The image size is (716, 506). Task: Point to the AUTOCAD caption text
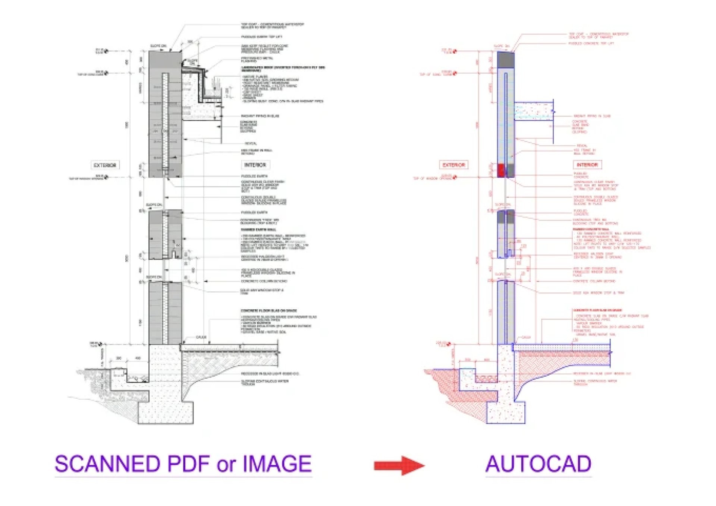point(538,464)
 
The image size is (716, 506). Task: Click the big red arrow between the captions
point(399,465)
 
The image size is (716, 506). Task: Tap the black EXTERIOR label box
point(105,165)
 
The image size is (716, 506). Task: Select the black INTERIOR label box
point(255,165)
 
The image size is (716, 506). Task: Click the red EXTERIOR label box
point(453,165)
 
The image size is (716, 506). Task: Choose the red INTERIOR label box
point(587,165)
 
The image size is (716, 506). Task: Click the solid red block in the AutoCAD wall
point(501,170)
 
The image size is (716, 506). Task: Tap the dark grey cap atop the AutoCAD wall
point(506,60)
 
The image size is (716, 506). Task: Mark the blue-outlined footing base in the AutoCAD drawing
point(506,412)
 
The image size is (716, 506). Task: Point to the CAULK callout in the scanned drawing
point(201,337)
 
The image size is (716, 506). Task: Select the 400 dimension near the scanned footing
point(138,358)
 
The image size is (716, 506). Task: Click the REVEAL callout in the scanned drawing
point(251,143)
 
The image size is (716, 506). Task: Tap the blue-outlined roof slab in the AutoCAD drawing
point(533,111)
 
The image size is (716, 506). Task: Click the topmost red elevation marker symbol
point(455,51)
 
